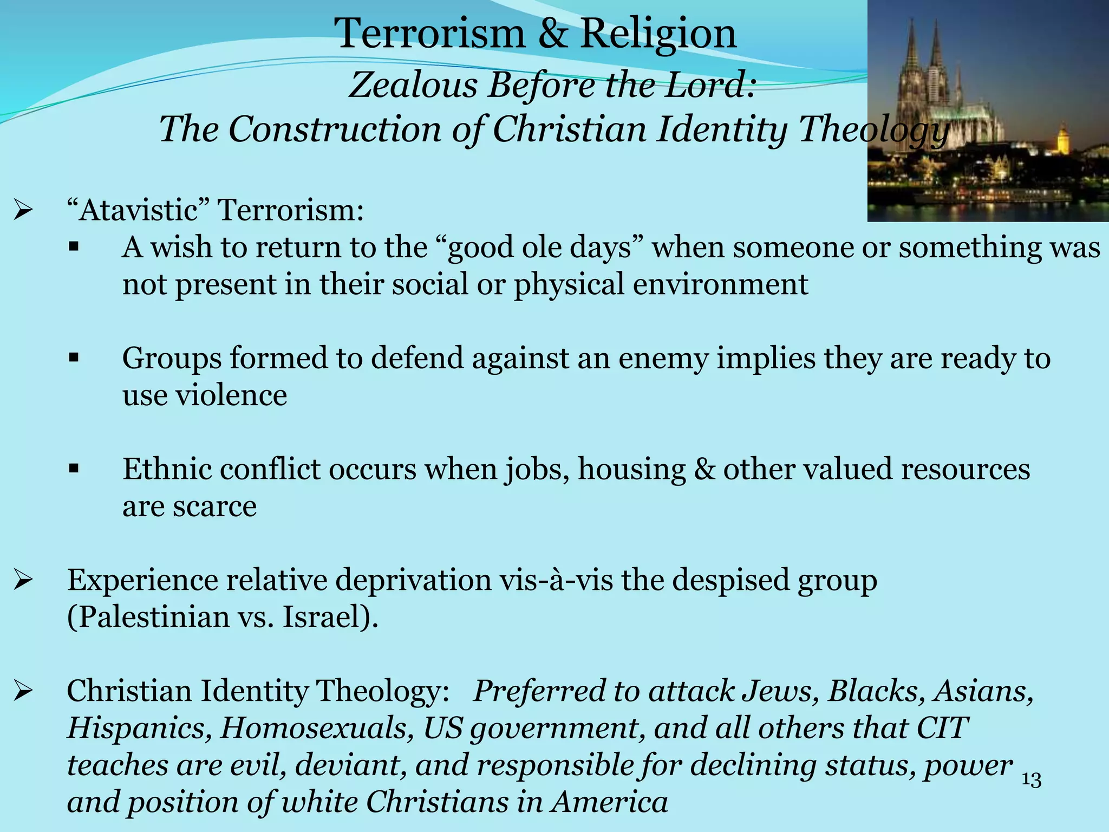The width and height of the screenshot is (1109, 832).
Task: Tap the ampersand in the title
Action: point(552,34)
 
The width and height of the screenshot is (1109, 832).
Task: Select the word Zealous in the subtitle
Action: point(413,85)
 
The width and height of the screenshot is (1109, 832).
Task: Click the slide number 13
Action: point(1031,780)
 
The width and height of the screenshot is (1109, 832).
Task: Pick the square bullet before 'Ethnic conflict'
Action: point(74,469)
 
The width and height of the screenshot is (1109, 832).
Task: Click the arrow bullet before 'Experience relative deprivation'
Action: point(24,580)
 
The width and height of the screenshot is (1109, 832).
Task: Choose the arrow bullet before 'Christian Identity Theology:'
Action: point(24,691)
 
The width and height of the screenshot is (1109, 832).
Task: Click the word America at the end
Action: point(609,802)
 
